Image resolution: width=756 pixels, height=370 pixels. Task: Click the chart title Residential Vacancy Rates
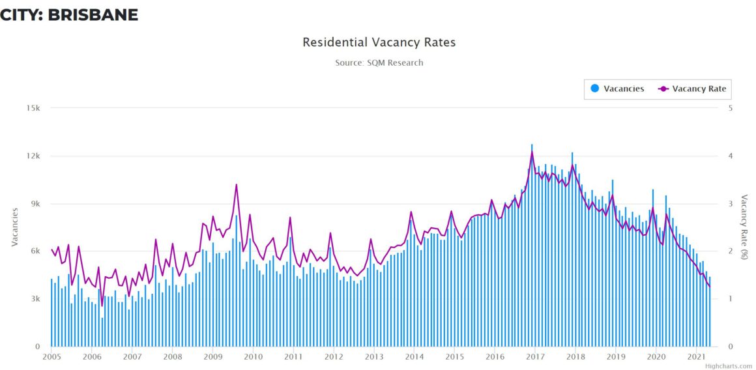coord(379,42)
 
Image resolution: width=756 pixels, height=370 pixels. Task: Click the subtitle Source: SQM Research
coord(379,63)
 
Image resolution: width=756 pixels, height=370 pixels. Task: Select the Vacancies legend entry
coord(623,89)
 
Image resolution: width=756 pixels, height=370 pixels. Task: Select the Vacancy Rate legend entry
coord(699,89)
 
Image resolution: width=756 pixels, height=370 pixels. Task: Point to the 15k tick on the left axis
coord(33,108)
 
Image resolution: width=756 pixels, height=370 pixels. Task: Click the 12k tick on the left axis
coord(33,156)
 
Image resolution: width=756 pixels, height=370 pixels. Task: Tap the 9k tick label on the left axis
coord(35,203)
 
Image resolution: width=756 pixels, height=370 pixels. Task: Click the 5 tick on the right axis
coord(731,108)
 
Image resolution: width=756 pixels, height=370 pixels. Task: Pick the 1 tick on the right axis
coord(731,299)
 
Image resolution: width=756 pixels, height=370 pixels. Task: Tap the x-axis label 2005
coord(51,356)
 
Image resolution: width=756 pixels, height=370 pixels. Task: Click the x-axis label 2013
coord(373,356)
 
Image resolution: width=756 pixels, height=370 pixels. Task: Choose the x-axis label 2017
coord(535,356)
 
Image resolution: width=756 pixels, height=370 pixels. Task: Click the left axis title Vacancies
coord(14,227)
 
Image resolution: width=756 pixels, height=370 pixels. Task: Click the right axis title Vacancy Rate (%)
coord(744,227)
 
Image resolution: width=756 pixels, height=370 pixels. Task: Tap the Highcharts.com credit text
coord(728,366)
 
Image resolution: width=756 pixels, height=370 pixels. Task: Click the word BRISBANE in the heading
coord(93,14)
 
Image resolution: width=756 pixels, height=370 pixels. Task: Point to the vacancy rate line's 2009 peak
coord(236,184)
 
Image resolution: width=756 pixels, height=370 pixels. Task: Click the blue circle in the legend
coord(594,89)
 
